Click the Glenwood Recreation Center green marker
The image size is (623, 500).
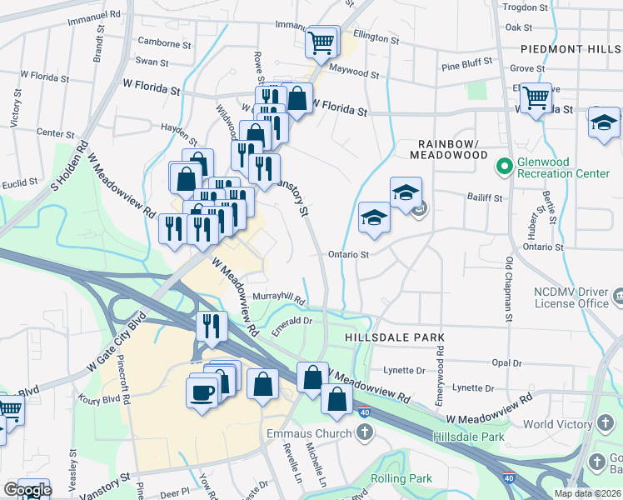(503, 167)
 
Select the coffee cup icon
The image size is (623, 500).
(202, 390)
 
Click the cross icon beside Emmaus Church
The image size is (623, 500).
(365, 432)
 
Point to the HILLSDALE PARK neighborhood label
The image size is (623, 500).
(395, 337)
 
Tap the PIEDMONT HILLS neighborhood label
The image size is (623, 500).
(571, 49)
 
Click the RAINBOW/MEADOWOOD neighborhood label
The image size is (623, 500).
(448, 147)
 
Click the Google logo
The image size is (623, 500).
(27, 490)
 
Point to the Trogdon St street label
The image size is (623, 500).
(526, 7)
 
